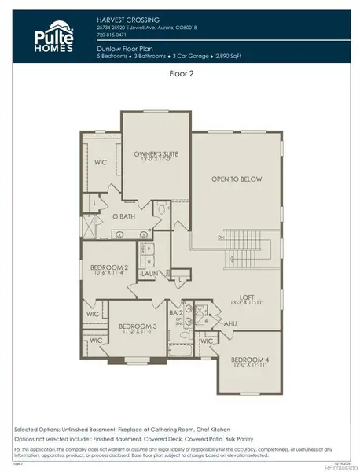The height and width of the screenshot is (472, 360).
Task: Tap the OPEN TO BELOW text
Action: [x=236, y=179]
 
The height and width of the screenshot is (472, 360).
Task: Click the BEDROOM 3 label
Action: [x=138, y=325]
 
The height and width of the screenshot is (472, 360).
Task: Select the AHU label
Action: [x=208, y=323]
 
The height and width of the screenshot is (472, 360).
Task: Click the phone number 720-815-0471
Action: [x=113, y=35]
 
